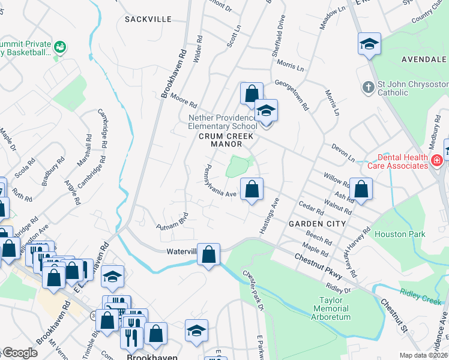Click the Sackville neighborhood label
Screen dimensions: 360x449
(148, 19)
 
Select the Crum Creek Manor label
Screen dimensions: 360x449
(220, 140)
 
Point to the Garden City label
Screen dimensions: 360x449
(317, 224)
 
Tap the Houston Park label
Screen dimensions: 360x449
(399, 234)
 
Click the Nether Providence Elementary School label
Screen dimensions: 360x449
(223, 122)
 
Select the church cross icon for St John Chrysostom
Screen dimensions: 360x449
(369, 88)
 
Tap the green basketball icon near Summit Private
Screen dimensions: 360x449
(59, 46)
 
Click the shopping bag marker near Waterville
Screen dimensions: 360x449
(208, 254)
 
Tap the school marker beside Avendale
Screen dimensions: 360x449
(369, 44)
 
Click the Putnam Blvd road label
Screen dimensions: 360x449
(173, 222)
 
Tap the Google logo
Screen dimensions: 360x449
(20, 353)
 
